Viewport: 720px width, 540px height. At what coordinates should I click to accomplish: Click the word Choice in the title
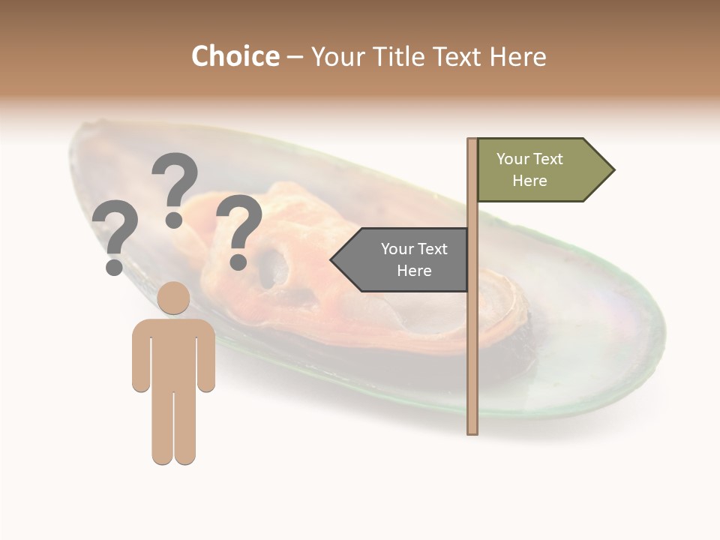click(x=235, y=56)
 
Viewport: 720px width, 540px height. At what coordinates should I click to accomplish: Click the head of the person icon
click(x=173, y=298)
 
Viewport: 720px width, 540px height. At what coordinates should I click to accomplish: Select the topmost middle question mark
click(x=175, y=180)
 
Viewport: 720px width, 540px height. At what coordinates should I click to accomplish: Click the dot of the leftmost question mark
click(x=115, y=266)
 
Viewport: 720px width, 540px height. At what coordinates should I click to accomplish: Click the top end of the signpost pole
click(x=472, y=141)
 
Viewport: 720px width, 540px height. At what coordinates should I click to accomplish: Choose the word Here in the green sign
click(x=529, y=181)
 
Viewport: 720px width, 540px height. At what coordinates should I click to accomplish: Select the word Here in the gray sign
click(x=414, y=271)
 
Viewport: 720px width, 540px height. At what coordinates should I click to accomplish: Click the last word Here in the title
click(x=517, y=56)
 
